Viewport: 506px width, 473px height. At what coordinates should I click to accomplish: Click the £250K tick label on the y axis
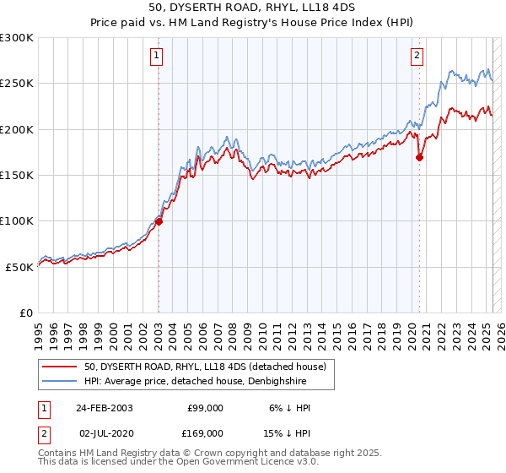17,84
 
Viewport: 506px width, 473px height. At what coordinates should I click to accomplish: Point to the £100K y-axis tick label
17,220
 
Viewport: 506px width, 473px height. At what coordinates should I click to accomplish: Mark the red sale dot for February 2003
159,222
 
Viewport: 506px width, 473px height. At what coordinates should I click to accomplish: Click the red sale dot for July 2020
419,157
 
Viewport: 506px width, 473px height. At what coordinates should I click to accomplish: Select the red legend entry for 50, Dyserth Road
209,366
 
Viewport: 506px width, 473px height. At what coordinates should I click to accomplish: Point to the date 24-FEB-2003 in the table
105,408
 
